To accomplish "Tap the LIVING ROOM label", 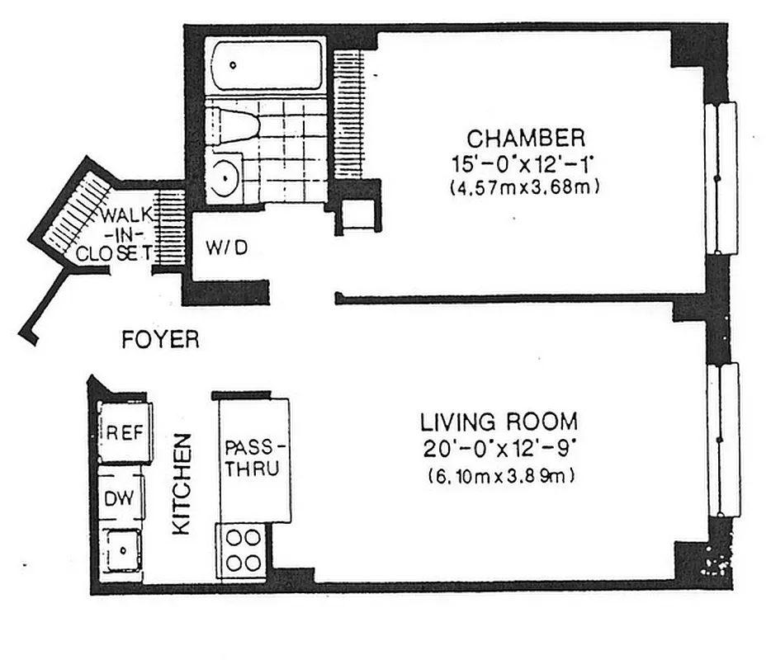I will coord(499,422).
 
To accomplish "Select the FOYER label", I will coord(160,340).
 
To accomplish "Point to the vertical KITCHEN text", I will coord(182,484).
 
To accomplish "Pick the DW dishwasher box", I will coord(121,498).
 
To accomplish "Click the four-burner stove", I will coord(242,550).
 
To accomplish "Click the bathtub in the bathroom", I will coord(264,64).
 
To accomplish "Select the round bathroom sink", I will coord(224,177).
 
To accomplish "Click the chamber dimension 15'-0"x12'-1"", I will coord(525,163).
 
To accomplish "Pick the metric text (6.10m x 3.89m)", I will coord(500,476).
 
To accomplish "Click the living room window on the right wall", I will coord(722,439).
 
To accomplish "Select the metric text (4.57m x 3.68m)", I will coord(524,187).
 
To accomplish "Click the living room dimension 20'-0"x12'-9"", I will coord(499,450).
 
